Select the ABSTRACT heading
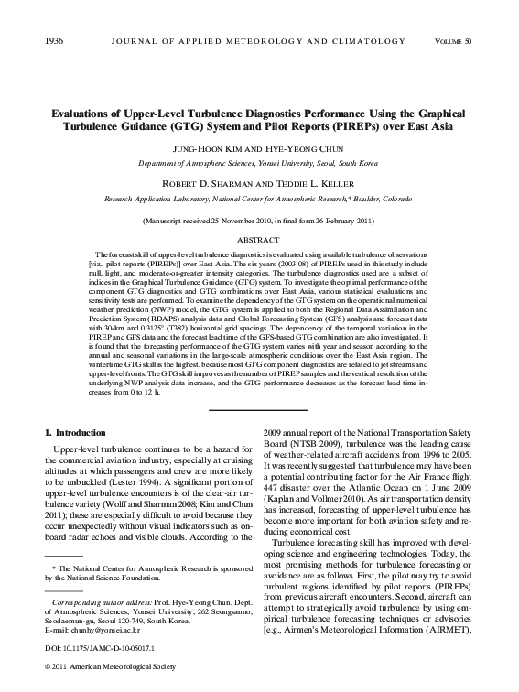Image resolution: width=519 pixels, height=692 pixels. (258, 239)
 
